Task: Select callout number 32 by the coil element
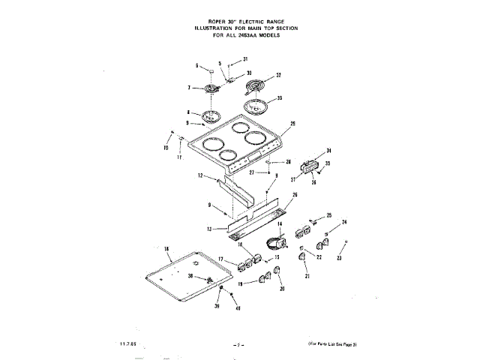(x=278, y=75)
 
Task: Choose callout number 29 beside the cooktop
(x=292, y=124)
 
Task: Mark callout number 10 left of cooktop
(x=166, y=148)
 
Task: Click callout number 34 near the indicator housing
(x=328, y=151)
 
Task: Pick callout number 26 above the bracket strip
(x=295, y=195)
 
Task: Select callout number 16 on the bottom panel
(x=166, y=249)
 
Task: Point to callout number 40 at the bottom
(x=238, y=308)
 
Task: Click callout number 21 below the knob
(x=306, y=277)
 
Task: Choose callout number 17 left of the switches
(x=221, y=259)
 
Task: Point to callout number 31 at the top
(x=244, y=58)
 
